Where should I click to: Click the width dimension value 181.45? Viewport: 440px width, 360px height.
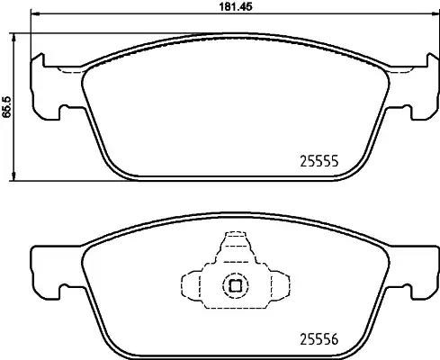pyautogui.click(x=236, y=6)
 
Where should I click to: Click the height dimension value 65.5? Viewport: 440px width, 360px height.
pyautogui.click(x=6, y=107)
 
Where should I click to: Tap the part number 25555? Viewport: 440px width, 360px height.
pyautogui.click(x=319, y=162)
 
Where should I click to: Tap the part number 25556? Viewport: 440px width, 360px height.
pyautogui.click(x=319, y=339)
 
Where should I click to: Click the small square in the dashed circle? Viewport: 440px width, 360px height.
pyautogui.click(x=236, y=285)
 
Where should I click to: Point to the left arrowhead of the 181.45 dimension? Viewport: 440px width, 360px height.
pyautogui.click(x=35, y=13)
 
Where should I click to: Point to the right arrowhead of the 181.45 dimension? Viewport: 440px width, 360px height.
pyautogui.click(x=435, y=13)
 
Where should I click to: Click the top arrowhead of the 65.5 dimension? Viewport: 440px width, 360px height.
pyautogui.click(x=13, y=38)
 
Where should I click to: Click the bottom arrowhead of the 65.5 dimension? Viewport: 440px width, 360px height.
pyautogui.click(x=13, y=176)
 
